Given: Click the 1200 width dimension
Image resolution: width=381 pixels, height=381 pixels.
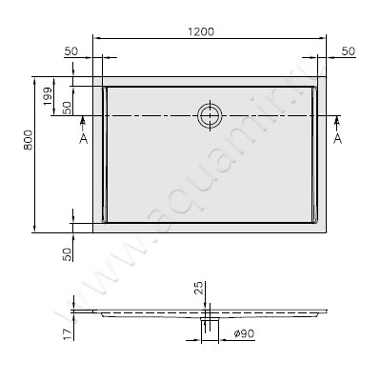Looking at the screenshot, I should [200, 30].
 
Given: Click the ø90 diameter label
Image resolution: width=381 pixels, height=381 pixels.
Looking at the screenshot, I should [243, 333].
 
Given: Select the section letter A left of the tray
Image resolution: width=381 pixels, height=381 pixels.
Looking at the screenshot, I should [84, 139].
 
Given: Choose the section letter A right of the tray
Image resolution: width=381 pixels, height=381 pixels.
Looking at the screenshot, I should [337, 139].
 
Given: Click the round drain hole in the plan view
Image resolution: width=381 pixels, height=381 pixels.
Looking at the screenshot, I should [209, 115].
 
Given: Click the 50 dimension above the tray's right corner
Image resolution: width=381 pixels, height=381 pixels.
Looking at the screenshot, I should [349, 50].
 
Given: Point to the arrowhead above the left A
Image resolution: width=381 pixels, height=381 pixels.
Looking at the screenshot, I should [84, 120].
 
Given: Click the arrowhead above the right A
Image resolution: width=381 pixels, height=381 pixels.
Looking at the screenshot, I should [337, 120].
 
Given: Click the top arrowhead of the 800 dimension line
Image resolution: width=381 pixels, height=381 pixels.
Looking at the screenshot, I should [36, 80].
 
